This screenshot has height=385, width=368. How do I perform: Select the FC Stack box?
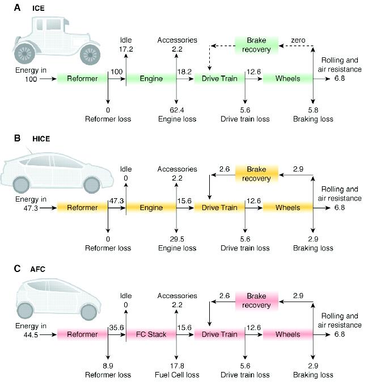151,334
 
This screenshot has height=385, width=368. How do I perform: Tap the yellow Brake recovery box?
255,174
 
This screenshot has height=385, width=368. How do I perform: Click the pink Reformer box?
82,334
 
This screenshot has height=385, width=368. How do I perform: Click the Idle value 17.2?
126,49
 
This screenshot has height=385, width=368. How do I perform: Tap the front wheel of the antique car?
90,53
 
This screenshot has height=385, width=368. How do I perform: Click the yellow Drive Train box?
219,208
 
